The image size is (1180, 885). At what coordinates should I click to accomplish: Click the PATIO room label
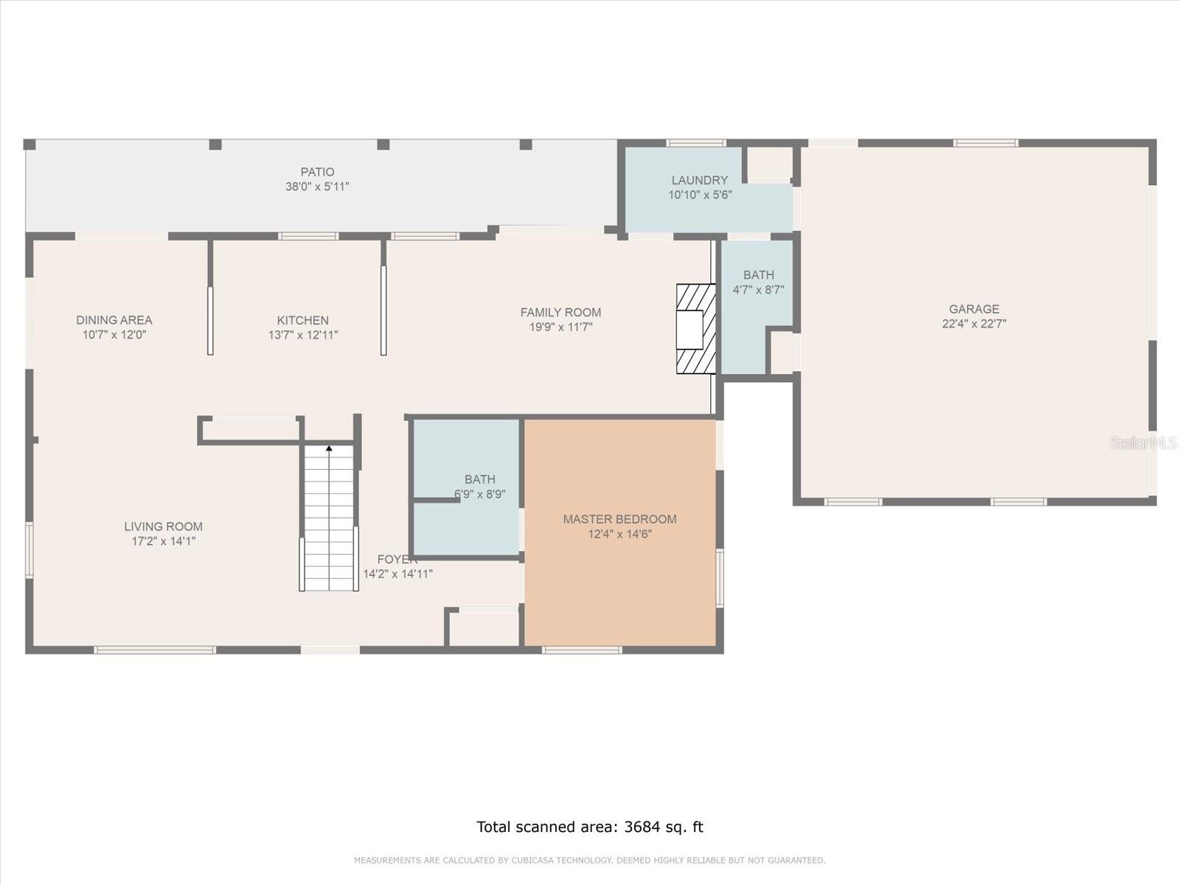[x=317, y=172]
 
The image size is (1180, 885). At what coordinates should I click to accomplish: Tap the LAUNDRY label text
[x=699, y=180]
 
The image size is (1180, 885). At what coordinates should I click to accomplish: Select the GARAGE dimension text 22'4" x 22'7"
[x=974, y=323]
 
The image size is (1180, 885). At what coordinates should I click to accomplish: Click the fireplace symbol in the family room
[x=695, y=329]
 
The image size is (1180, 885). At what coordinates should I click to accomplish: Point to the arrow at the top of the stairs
[x=329, y=448]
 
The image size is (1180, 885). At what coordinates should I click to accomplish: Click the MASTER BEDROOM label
[x=619, y=519]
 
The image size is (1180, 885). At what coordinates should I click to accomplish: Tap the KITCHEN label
[x=302, y=320]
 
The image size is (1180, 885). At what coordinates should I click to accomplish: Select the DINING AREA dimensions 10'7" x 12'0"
[x=114, y=334]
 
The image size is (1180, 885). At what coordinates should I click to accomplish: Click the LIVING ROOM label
[x=163, y=527]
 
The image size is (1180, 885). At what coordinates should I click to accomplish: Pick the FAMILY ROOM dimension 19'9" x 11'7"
[x=560, y=327]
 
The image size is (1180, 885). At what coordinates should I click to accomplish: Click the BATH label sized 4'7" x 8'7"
[x=758, y=275]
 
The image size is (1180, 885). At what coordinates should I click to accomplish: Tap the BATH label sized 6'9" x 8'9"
[x=479, y=479]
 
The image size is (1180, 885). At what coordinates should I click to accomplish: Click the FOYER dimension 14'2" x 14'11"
[x=398, y=574]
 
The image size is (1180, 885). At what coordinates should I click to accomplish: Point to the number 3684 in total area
[x=642, y=827]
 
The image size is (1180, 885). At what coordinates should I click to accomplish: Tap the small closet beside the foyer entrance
[x=485, y=628]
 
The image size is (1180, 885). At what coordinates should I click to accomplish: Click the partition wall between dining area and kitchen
[x=210, y=295]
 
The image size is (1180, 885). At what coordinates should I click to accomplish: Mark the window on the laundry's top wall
[x=695, y=143]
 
